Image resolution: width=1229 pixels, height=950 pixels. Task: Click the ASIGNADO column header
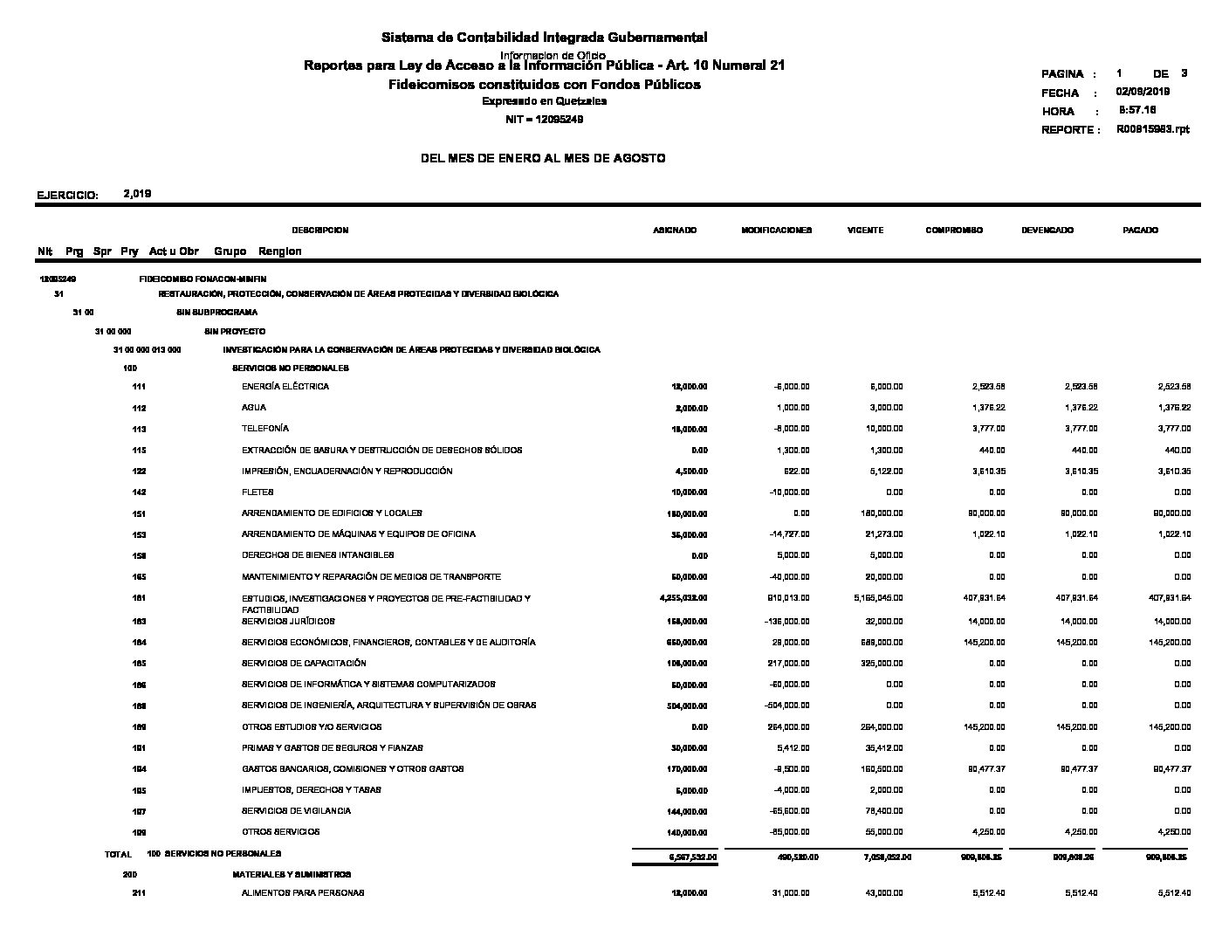[675, 231]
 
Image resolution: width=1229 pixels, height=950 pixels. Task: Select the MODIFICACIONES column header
[776, 231]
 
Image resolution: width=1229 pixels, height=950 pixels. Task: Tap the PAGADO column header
[1140, 231]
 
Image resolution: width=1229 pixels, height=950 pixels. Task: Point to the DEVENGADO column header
[1047, 231]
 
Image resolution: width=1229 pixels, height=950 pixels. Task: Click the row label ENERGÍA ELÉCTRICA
[285, 387]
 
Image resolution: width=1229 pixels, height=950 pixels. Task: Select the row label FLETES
[257, 492]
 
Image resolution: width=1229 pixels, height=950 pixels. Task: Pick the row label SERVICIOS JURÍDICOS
[288, 622]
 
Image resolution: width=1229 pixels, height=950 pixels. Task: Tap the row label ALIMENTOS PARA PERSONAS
[303, 893]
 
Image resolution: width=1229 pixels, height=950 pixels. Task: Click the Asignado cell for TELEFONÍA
[689, 430]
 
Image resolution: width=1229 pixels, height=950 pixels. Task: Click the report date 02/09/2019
[1143, 92]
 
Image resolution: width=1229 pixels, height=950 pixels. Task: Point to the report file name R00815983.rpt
[1152, 129]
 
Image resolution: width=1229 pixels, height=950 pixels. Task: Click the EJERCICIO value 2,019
[138, 194]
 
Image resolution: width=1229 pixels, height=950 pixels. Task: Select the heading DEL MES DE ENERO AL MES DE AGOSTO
[543, 158]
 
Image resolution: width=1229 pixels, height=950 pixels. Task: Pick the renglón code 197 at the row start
[139, 811]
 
